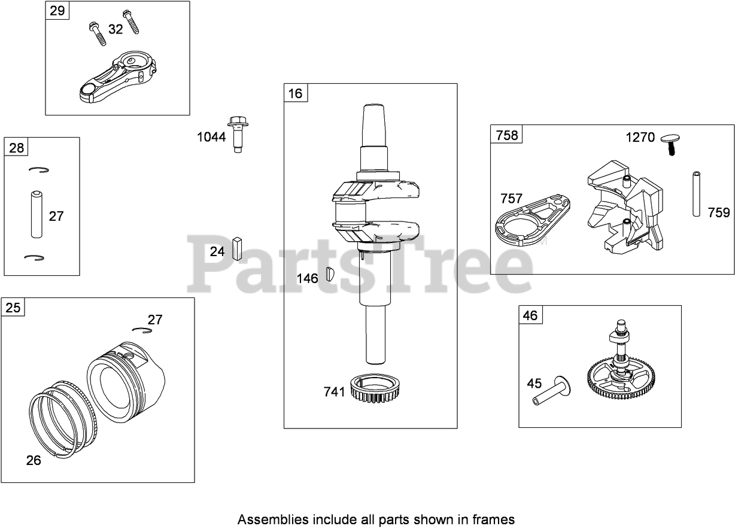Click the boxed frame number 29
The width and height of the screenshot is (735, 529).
pos(57,11)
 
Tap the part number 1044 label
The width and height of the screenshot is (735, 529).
pos(211,137)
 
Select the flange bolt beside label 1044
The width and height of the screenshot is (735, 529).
pos(238,135)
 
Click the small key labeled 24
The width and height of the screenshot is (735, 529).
pos(237,248)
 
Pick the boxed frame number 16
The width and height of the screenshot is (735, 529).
pos(295,93)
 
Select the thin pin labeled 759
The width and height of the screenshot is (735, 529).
pos(697,194)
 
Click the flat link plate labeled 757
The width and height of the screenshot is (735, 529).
pos(530,220)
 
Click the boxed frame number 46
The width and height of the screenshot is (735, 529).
pos(530,315)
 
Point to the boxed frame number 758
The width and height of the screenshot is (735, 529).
pos(506,135)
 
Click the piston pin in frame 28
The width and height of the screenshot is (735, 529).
pos(37,214)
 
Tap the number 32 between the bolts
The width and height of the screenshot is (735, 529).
pos(116,29)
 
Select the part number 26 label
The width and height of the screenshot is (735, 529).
pos(34,460)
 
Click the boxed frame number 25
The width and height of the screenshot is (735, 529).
pos(13,308)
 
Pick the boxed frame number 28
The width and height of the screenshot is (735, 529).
pos(16,147)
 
